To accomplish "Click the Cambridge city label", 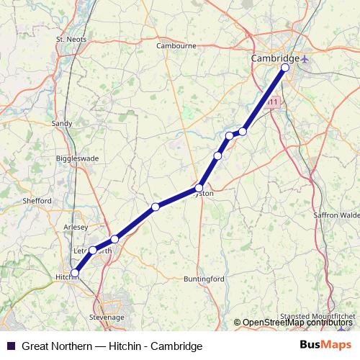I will click(274, 58).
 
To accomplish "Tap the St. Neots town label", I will click(71, 39).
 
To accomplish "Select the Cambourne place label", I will click(176, 45).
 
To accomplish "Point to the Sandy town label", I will click(62, 124).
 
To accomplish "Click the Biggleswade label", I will click(77, 158).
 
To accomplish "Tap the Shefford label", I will click(37, 201).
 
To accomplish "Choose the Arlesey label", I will click(76, 225).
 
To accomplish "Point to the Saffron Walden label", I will click(336, 215).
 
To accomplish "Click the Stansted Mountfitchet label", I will click(317, 316).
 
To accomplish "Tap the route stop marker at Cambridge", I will click(284, 68).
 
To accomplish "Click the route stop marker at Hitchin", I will click(75, 273).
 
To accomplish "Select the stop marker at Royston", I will click(199, 189).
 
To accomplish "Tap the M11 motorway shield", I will click(271, 103).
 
